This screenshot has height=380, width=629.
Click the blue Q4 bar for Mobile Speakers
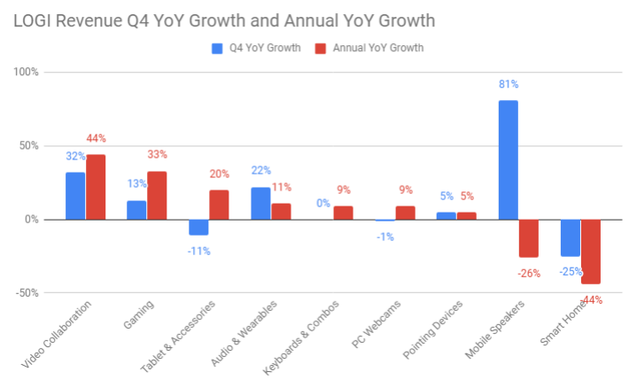(509, 159)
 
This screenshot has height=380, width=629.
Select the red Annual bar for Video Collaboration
(96, 187)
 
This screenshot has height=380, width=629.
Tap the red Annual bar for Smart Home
(591, 252)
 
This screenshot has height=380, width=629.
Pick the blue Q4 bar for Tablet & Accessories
(199, 227)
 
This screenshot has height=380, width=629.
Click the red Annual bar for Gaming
(157, 195)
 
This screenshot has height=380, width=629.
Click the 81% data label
(509, 84)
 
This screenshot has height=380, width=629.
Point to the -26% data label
(528, 274)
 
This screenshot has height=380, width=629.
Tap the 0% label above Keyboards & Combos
(323, 204)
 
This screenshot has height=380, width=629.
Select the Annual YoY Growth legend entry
(369, 48)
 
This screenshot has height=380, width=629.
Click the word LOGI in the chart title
(32, 19)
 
